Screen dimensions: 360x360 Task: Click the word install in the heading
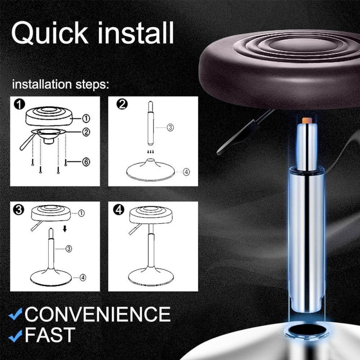click(135, 32)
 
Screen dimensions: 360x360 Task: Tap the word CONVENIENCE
click(98, 314)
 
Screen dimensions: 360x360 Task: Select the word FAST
click(50, 335)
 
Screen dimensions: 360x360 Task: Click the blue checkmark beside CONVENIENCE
click(15, 314)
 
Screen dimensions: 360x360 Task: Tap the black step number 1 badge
click(19, 104)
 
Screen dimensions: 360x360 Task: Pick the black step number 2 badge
click(122, 104)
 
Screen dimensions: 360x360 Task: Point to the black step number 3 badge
click(19, 210)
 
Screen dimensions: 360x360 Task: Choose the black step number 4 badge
click(119, 210)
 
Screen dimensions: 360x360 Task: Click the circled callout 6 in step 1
click(86, 162)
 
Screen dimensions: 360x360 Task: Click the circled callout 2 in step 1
click(86, 132)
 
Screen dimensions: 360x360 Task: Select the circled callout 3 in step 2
click(170, 127)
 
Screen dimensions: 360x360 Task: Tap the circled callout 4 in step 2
click(186, 171)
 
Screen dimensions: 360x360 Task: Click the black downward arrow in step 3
click(65, 229)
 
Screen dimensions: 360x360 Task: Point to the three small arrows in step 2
click(151, 152)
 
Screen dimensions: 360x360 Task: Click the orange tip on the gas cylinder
click(306, 121)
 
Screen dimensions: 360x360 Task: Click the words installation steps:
click(61, 85)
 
